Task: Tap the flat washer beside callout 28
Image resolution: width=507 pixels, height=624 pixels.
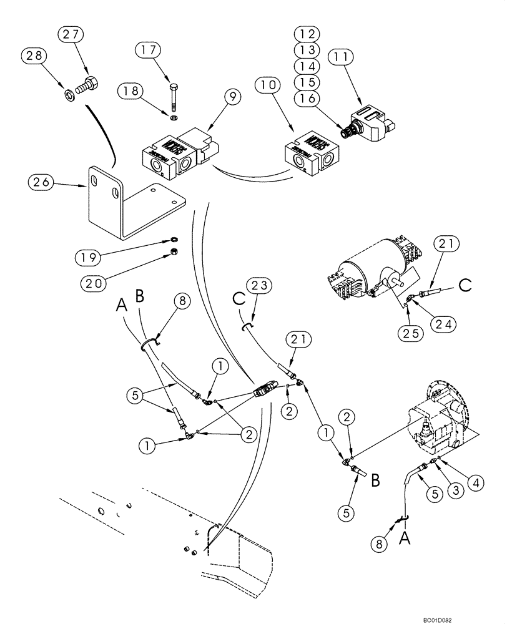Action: click(x=68, y=95)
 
